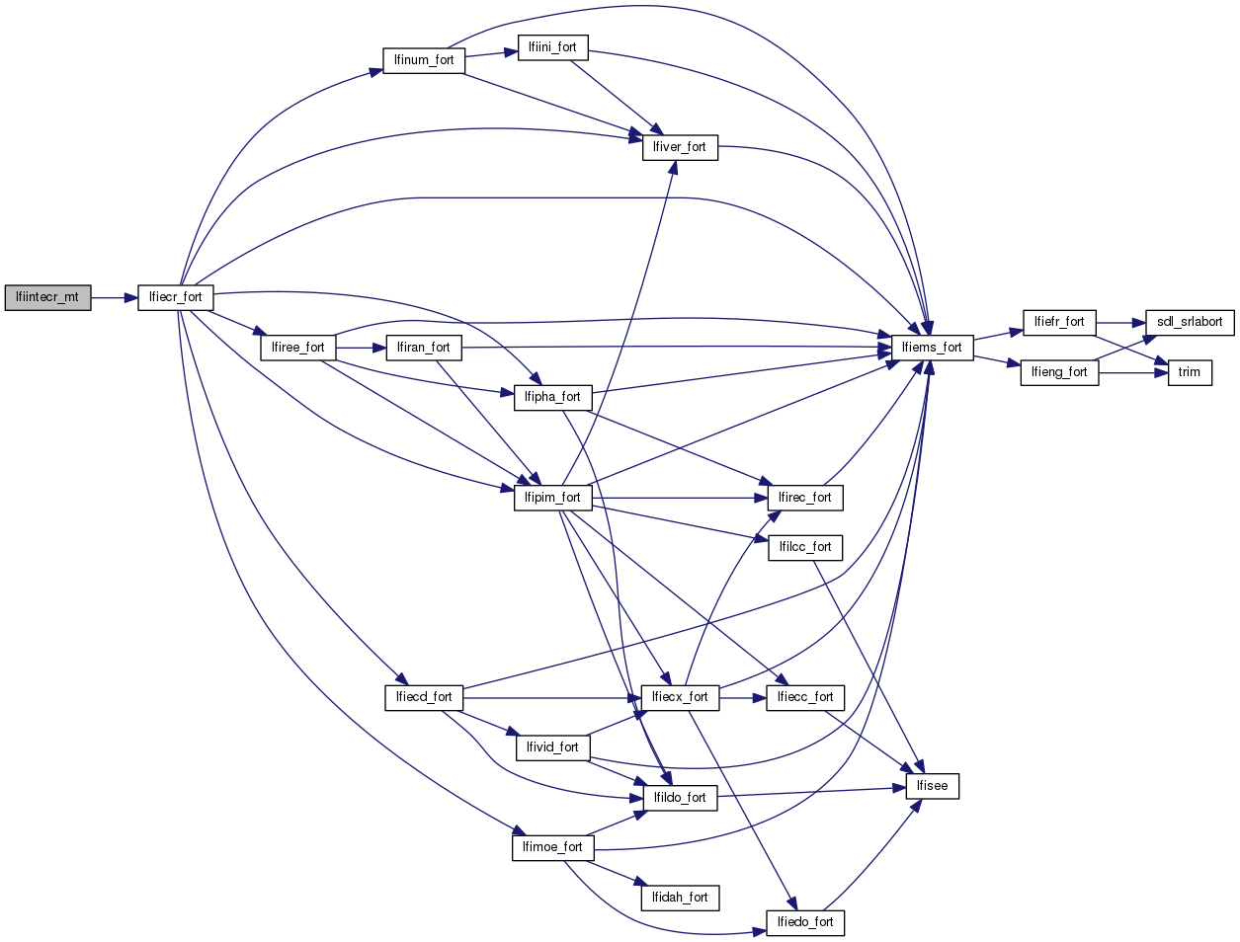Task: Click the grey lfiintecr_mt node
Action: [47, 297]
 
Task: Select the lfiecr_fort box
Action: [175, 297]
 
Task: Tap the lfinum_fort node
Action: [424, 60]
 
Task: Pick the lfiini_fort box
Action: [552, 47]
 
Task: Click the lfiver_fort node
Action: [680, 147]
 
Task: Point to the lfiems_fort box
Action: [932, 348]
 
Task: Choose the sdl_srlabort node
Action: [1190, 322]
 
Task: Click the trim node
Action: [1190, 372]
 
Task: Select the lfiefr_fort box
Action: [1059, 322]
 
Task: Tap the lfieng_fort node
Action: [1059, 372]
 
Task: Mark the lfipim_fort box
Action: [552, 498]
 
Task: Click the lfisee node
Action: [932, 786]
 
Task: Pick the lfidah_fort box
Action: [680, 898]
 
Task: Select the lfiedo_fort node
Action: [805, 922]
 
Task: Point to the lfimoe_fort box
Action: [552, 847]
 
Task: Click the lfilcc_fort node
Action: [805, 547]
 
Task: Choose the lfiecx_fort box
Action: [680, 697]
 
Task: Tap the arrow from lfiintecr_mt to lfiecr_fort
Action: [114, 297]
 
